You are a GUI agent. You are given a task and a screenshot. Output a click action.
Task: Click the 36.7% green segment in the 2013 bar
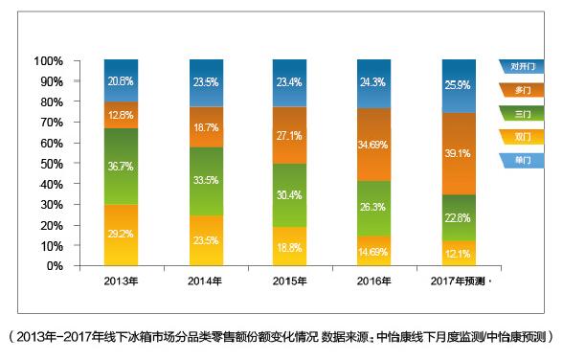(121, 166)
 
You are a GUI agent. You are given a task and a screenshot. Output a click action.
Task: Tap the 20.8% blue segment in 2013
(121, 80)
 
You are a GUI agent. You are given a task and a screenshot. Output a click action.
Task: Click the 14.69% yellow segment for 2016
(373, 251)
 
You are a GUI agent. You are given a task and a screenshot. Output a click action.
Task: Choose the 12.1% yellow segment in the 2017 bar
(458, 254)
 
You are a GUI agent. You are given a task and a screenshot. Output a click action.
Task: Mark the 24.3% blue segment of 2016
(373, 83)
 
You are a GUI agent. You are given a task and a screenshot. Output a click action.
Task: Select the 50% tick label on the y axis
(50, 164)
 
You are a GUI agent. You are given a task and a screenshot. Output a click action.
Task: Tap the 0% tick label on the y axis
(53, 266)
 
